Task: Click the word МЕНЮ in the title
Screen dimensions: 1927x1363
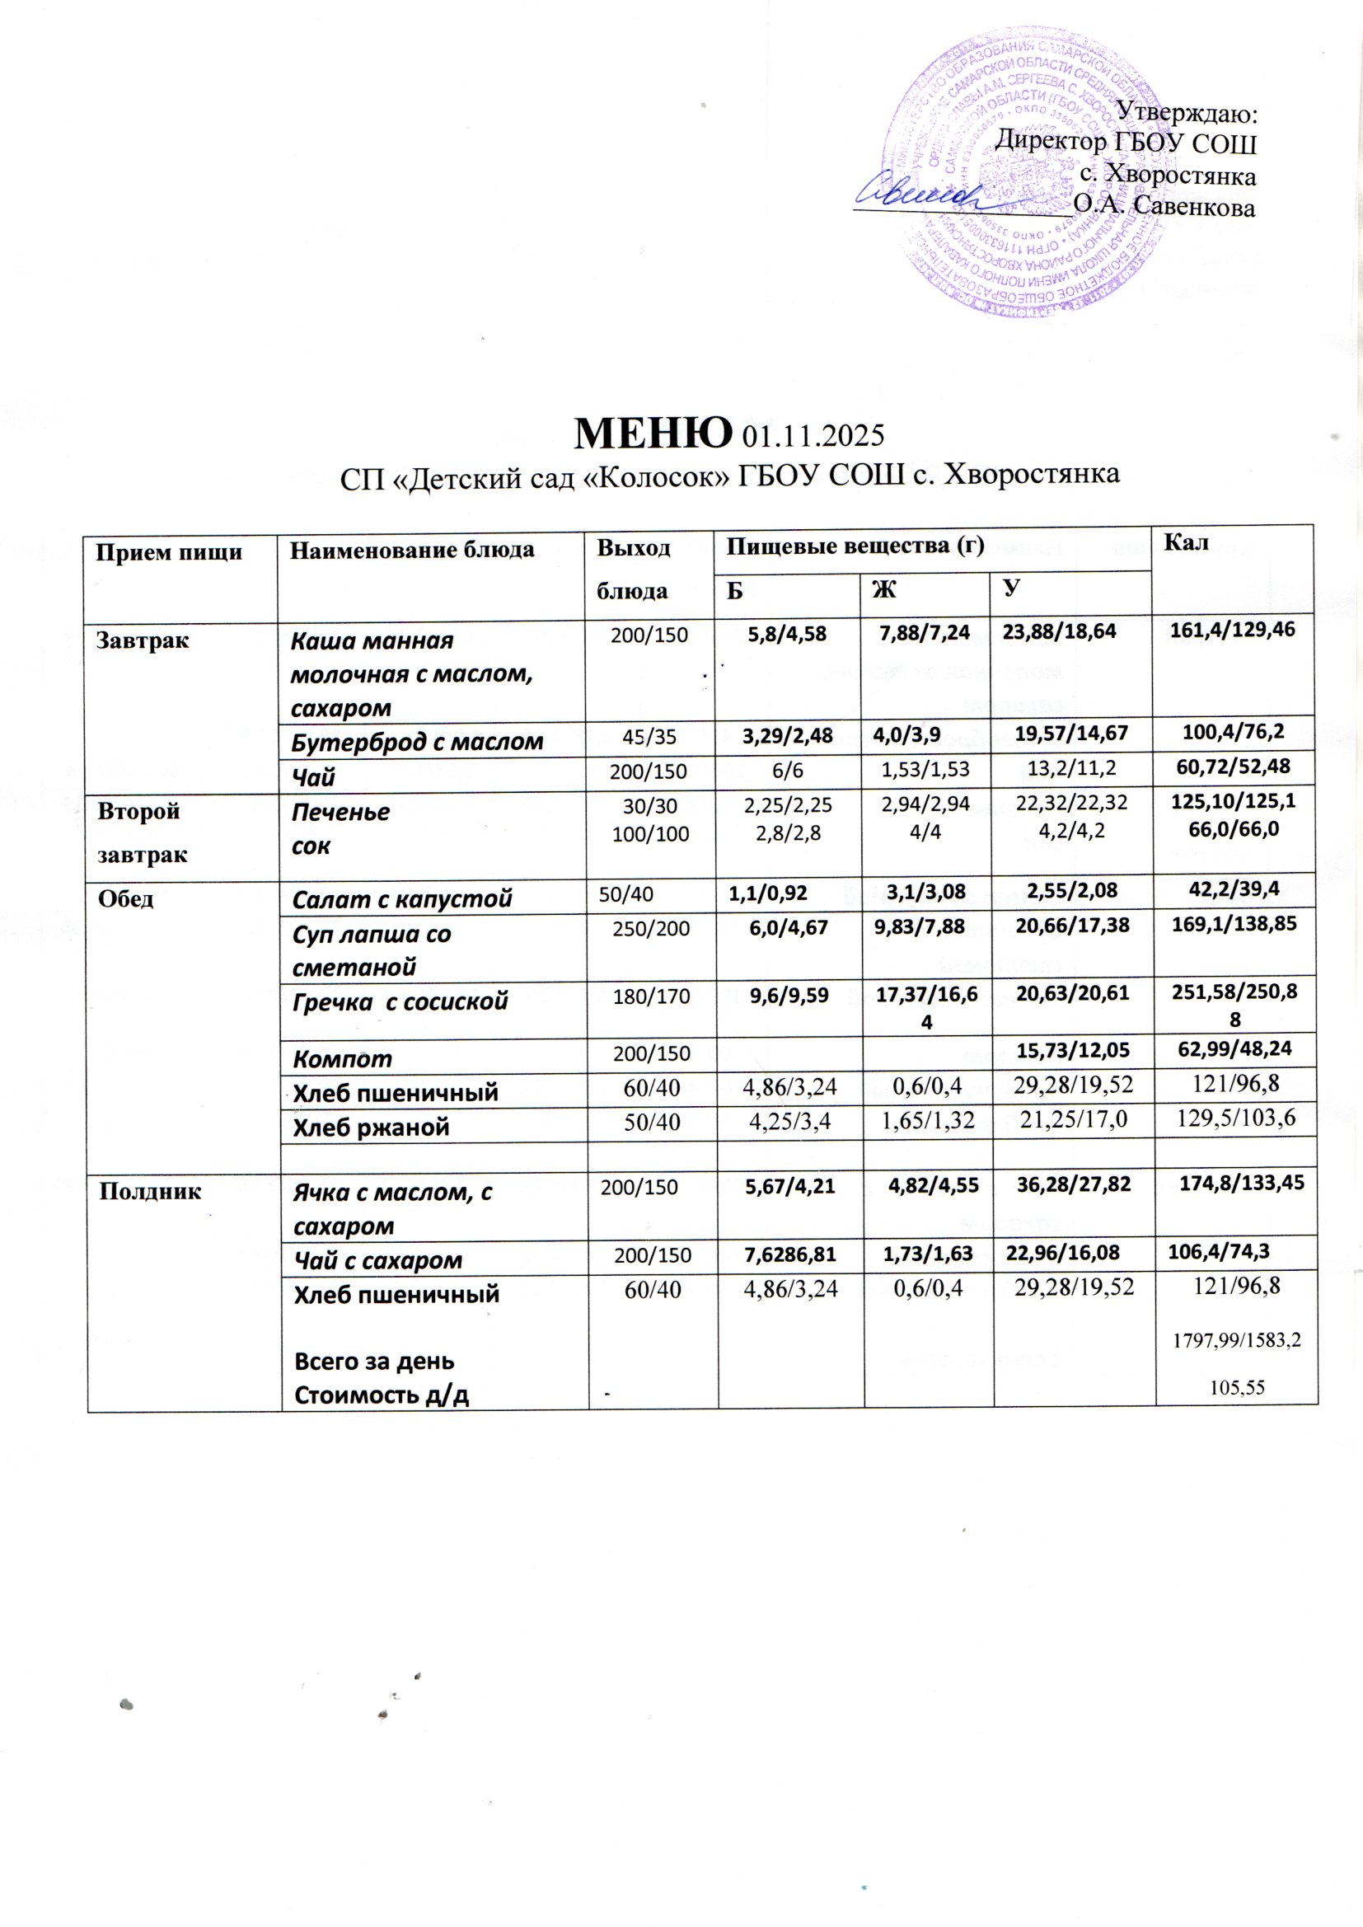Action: (651, 432)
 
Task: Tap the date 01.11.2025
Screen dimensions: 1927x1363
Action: (814, 435)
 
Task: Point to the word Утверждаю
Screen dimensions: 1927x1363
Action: (1186, 110)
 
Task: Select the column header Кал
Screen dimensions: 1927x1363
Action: (1186, 543)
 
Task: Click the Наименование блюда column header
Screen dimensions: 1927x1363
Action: (412, 550)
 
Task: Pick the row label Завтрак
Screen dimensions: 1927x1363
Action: (143, 641)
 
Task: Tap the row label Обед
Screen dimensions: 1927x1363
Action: (126, 899)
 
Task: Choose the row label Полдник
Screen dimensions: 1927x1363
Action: (150, 1191)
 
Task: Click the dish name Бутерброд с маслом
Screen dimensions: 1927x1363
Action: (417, 742)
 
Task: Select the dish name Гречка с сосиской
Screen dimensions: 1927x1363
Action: (400, 1001)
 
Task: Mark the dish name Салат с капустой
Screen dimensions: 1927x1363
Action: (401, 899)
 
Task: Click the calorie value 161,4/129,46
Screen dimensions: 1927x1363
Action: (1233, 631)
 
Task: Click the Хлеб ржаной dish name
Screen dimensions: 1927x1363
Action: (370, 1128)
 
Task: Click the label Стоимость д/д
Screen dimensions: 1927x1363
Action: (381, 1395)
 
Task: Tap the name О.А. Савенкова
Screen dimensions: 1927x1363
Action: (1164, 206)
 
